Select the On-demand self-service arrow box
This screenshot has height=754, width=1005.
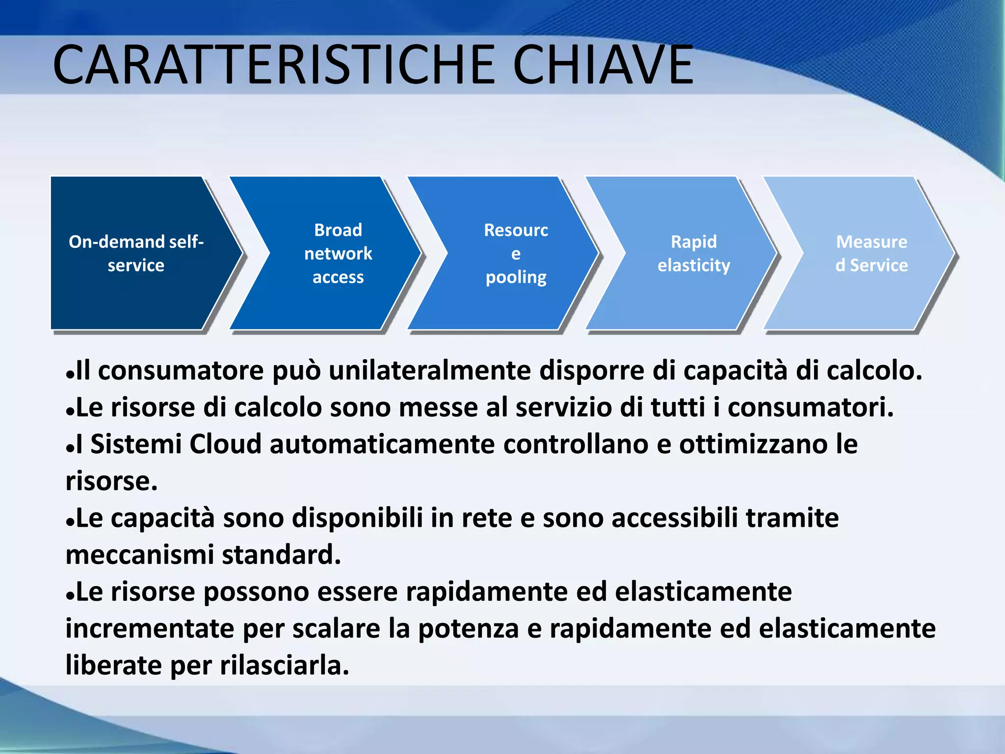coord(136,253)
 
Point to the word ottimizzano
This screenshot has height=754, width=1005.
coord(753,444)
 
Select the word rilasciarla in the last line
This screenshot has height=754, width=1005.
coord(284,666)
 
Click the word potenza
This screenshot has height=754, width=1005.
coord(468,629)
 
